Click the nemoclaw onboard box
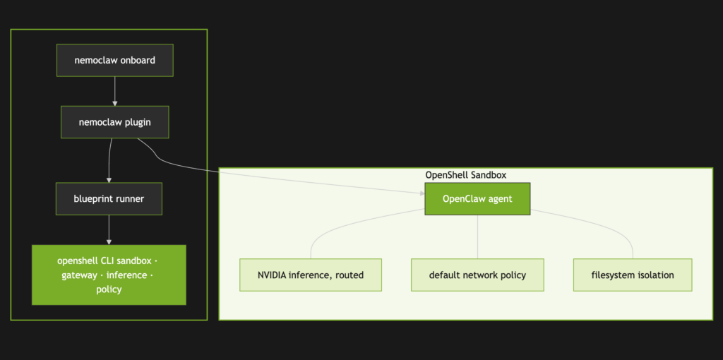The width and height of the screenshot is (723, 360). click(114, 60)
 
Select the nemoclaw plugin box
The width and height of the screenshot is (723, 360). click(114, 122)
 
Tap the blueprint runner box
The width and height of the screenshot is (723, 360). click(109, 199)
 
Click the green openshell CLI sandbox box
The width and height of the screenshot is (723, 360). click(109, 275)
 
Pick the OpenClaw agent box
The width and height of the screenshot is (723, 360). click(477, 199)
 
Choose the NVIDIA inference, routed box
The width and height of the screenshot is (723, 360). click(311, 275)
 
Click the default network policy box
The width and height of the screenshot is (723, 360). click(477, 275)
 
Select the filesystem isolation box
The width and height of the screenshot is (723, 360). click(633, 275)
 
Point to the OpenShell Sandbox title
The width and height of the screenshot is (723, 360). click(465, 175)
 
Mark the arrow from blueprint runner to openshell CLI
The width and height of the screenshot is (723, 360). click(109, 229)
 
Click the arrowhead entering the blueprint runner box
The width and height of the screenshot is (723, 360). click(109, 180)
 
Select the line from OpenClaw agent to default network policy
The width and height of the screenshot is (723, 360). click(477, 236)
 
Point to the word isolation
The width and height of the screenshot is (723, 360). click(653, 275)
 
